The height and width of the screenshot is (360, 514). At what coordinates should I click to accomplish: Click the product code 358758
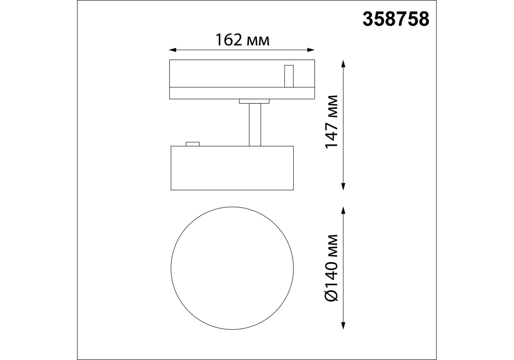(396, 19)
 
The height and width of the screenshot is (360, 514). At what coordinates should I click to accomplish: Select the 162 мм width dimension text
(242, 40)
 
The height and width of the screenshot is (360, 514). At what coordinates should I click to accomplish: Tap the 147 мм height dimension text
(331, 121)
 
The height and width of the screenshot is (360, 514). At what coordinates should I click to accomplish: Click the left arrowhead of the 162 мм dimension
(172, 50)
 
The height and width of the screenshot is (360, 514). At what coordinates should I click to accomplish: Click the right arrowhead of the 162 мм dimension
(311, 50)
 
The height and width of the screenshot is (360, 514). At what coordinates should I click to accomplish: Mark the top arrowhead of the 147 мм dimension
(343, 63)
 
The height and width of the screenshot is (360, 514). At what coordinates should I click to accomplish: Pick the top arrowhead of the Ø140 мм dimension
(343, 211)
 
